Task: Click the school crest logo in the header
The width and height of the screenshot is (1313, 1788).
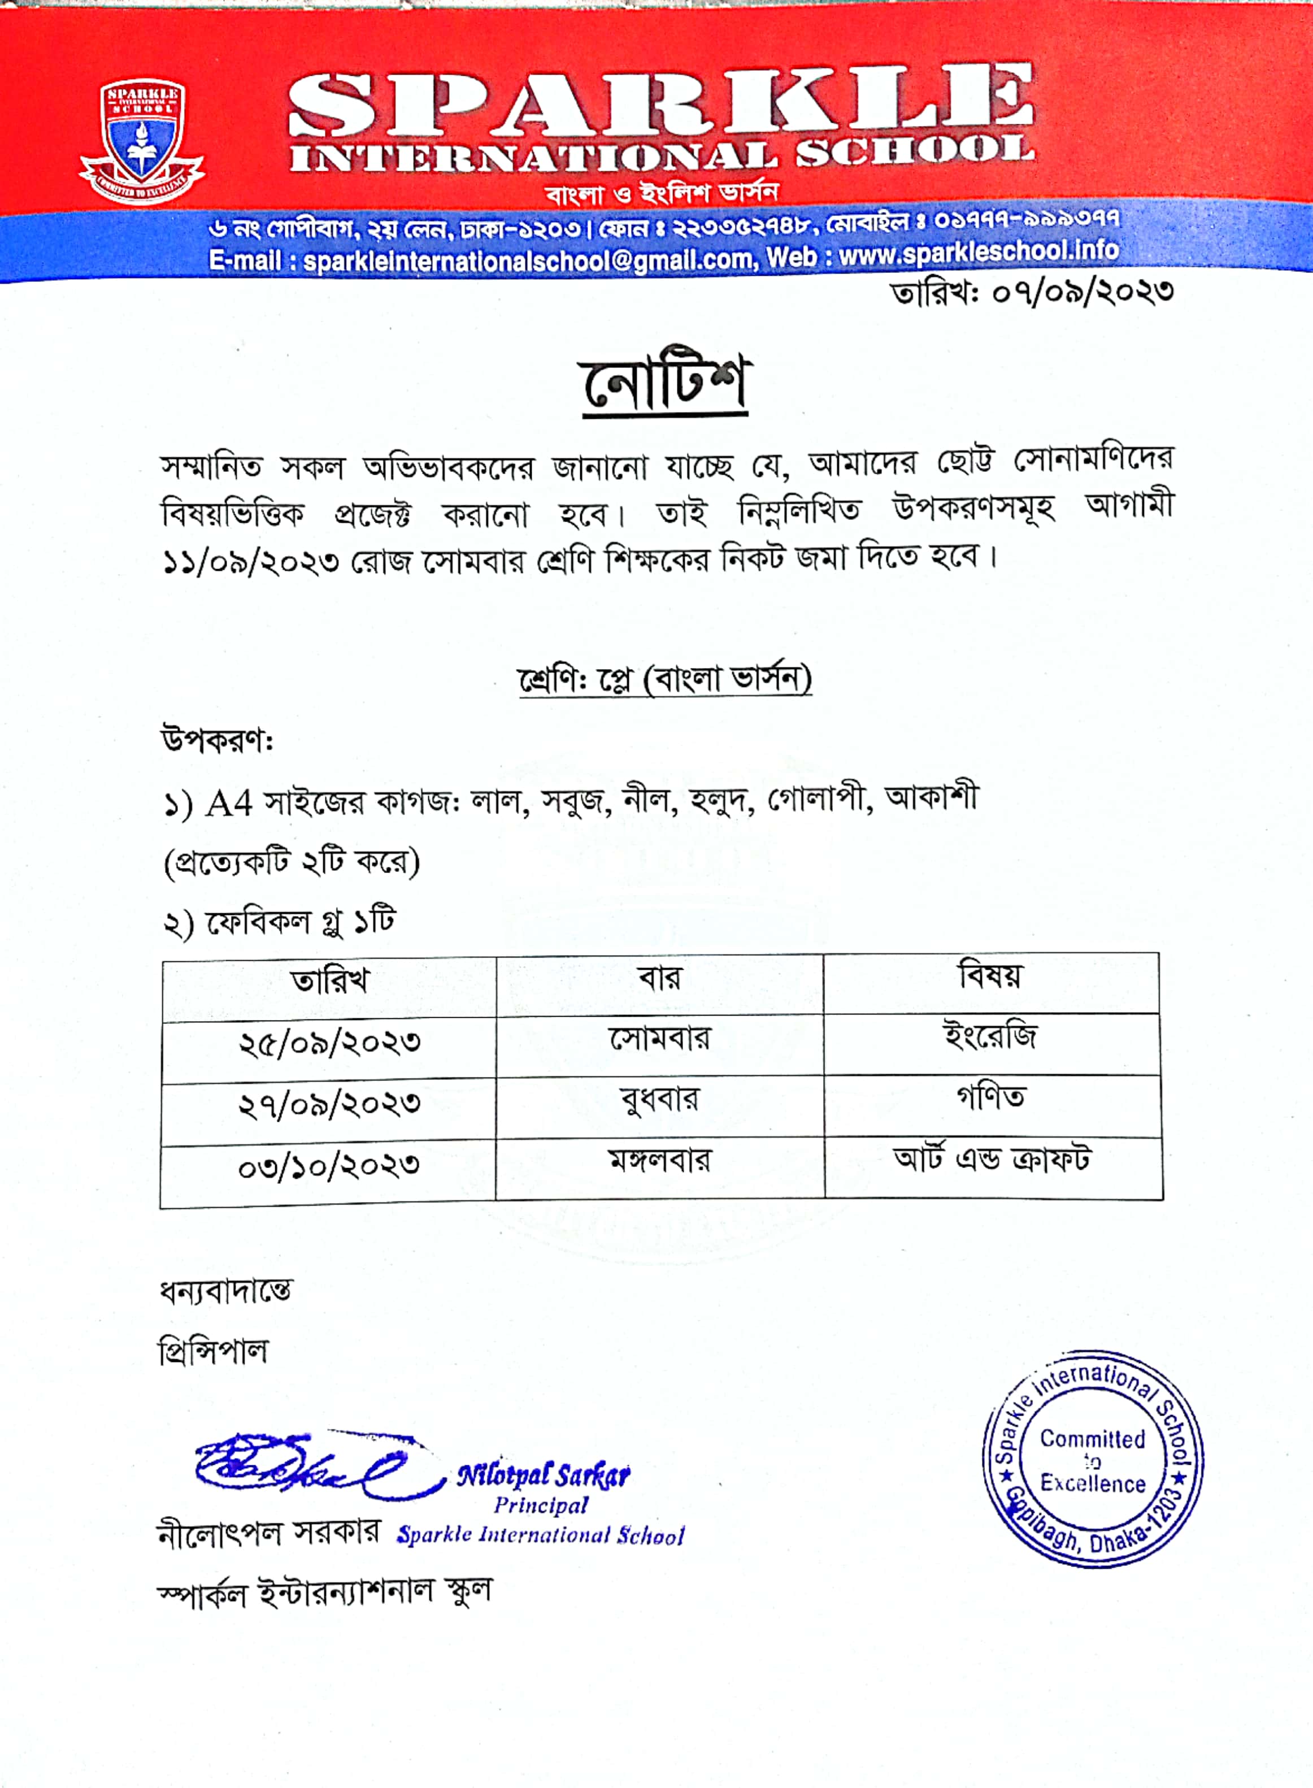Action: [141, 141]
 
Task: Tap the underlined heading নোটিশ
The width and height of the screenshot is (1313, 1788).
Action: [664, 383]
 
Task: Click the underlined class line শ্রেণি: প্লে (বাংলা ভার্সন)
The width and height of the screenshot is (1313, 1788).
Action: [664, 680]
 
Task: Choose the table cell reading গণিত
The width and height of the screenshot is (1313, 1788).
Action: [990, 1098]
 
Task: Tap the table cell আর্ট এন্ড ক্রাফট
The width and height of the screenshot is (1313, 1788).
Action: [992, 1160]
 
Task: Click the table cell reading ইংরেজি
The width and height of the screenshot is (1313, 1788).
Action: [990, 1038]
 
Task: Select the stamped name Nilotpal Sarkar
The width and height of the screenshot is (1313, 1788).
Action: [544, 1477]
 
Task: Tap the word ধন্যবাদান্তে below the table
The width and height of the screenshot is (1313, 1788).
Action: [226, 1292]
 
